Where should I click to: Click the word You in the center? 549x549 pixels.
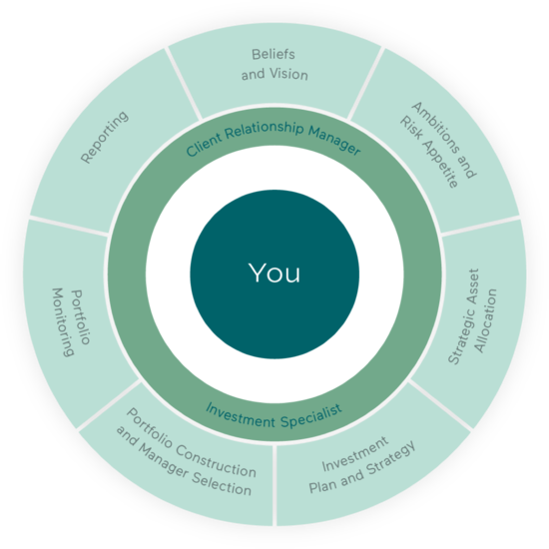(x=274, y=273)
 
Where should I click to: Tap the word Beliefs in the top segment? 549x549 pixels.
(x=274, y=54)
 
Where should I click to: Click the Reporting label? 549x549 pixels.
(x=105, y=137)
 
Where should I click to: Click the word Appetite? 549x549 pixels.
(x=440, y=166)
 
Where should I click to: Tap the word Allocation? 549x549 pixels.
(x=486, y=320)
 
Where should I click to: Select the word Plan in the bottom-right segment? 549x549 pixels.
(x=323, y=484)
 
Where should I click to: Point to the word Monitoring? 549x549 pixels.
(x=63, y=322)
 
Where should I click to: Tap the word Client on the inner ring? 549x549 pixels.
(x=204, y=145)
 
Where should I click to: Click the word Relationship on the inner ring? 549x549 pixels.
(x=265, y=130)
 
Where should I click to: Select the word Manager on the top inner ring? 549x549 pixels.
(x=334, y=140)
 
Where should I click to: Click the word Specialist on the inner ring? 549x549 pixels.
(x=311, y=416)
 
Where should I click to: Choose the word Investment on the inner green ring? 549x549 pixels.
(x=241, y=414)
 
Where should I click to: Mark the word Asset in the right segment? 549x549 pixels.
(x=473, y=283)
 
